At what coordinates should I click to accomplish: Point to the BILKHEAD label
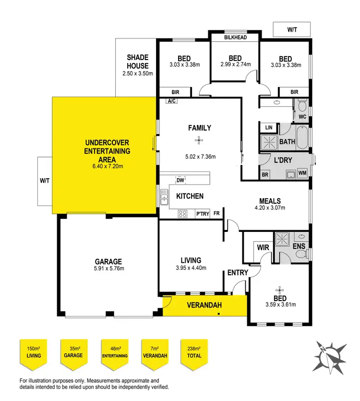pos(236,36)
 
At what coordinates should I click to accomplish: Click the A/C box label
pos(171,101)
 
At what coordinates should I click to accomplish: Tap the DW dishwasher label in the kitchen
pos(180,180)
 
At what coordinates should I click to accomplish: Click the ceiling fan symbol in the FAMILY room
pos(197,140)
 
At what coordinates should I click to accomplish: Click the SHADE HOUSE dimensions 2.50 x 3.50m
pos(137,74)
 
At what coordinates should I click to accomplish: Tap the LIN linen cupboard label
pos(268,128)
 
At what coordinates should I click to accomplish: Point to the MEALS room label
pos(270,201)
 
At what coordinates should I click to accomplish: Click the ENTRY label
pos(238,273)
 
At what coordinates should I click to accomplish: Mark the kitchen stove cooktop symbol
pos(183,213)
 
